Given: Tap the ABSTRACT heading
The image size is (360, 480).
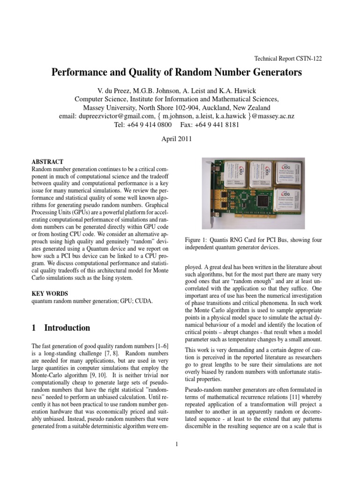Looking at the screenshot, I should click(47, 161).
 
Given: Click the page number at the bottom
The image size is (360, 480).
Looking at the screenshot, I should click(176, 444).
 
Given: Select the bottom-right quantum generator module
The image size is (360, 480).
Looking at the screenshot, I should click(295, 202).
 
